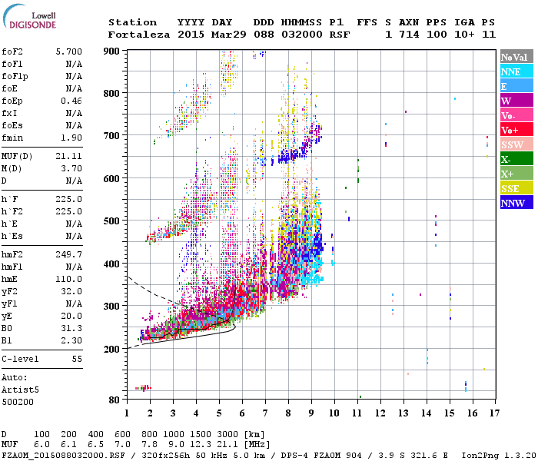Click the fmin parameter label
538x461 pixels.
click(14, 138)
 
